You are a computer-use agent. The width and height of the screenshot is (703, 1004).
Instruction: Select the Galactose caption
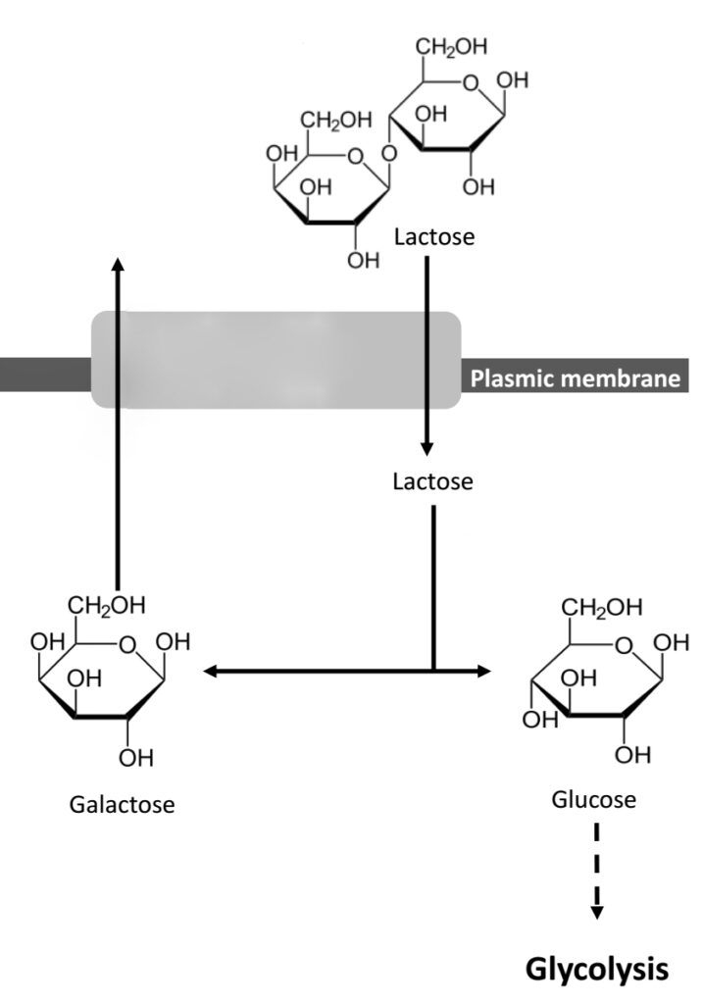coord(123,805)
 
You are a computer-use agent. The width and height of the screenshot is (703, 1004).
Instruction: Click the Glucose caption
coord(594,800)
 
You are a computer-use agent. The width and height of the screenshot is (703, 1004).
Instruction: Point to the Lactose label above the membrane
coord(433,236)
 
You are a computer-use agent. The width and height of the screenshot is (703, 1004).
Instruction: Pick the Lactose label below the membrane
coord(432,481)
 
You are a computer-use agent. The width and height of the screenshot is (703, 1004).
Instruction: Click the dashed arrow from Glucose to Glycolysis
coord(596,873)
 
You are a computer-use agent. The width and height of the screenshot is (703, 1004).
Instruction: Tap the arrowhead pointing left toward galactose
coord(209,672)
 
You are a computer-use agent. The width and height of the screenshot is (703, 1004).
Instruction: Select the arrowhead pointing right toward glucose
coord(482,672)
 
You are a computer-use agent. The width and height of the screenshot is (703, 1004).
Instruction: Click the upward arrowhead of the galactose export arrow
coord(118,263)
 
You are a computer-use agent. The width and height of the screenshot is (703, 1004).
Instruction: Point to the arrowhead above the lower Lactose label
coord(427,448)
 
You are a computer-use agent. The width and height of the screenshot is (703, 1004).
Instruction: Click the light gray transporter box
coord(276,359)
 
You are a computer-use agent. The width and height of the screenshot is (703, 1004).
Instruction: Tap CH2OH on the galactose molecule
coord(107,605)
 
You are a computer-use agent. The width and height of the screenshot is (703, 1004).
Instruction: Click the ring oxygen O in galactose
coord(126,643)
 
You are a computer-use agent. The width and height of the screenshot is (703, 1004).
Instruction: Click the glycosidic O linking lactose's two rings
coord(390,153)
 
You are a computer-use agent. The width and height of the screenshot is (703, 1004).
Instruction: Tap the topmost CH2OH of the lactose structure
coord(451,47)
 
